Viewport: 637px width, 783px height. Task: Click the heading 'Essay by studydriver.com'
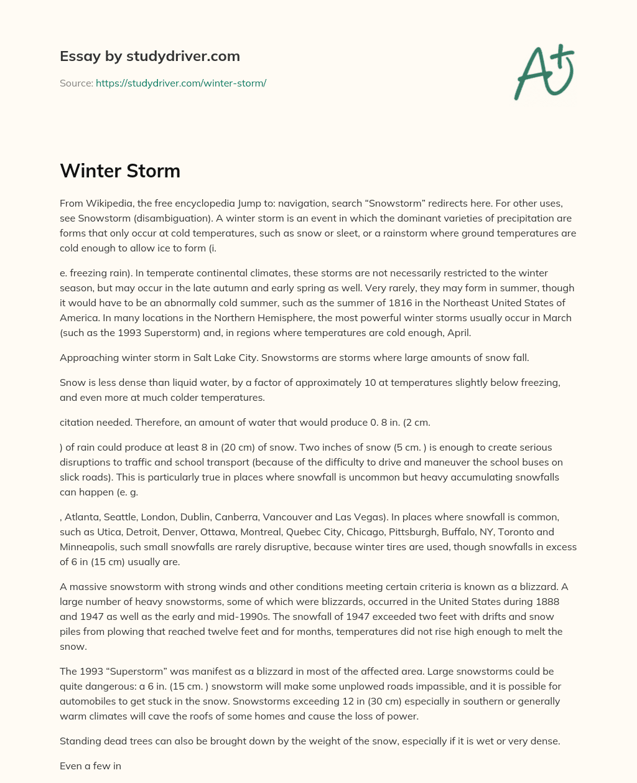[x=149, y=57]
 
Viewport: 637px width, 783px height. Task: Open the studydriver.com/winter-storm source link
[x=181, y=83]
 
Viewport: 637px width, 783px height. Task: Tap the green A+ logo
[x=543, y=72]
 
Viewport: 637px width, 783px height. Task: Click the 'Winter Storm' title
[x=120, y=171]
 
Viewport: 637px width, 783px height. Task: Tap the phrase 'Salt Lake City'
[x=233, y=358]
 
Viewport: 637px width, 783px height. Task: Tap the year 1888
[x=546, y=602]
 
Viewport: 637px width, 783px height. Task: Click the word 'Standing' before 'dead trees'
[x=80, y=741]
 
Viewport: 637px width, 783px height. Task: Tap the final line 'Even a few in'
[x=90, y=766]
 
